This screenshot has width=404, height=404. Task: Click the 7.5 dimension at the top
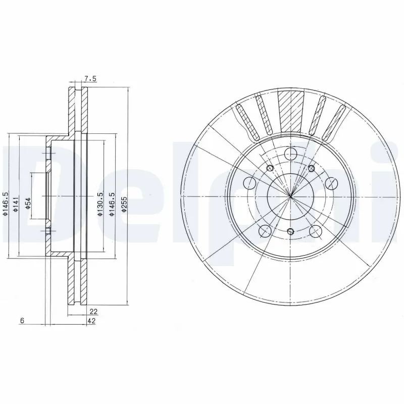[90, 78]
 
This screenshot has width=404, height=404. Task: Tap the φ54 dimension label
[28, 203]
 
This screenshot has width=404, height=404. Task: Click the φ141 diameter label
[16, 203]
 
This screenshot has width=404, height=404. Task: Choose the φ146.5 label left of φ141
[5, 204]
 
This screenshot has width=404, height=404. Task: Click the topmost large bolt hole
[290, 154]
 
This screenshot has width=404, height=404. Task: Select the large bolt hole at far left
[250, 182]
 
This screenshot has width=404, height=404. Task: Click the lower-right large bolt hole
[316, 231]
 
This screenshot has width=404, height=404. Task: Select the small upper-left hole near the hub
[269, 168]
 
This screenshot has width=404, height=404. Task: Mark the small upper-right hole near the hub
[311, 168]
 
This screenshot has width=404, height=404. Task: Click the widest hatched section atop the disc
[290, 109]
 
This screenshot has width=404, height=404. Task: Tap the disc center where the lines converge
[290, 196]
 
